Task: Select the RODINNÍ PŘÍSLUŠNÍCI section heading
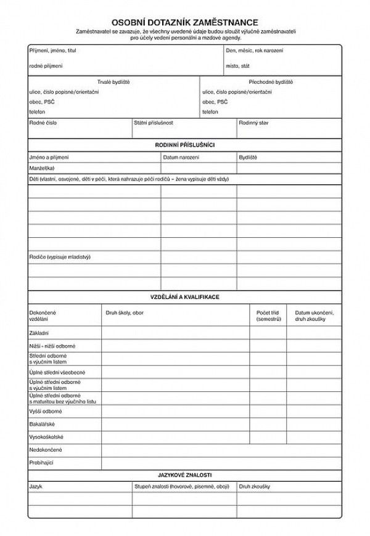[185, 145]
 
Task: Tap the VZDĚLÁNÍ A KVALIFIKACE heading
[185, 297]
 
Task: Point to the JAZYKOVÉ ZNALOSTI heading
[185, 474]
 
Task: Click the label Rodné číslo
[43, 123]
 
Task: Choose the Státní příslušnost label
[153, 123]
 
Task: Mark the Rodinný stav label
[253, 123]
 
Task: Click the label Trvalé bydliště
[113, 81]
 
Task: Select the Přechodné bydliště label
[271, 81]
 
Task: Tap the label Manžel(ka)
[41, 168]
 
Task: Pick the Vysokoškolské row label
[46, 437]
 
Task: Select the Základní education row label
[40, 333]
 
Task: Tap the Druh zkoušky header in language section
[255, 486]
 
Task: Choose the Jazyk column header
[35, 486]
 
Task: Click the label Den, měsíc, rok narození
[254, 49]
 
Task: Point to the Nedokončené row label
[46, 450]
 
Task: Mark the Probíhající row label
[42, 461]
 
